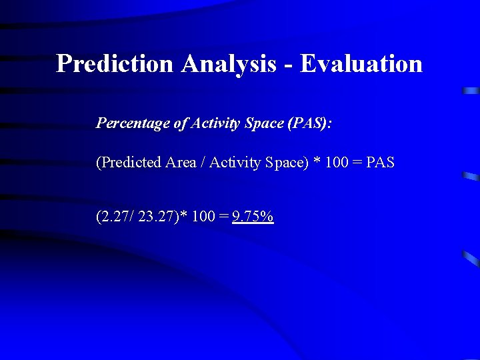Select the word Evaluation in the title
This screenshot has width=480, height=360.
[x=361, y=64]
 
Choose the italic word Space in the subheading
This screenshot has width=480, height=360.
[x=263, y=123]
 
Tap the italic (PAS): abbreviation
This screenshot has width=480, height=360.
[x=309, y=123]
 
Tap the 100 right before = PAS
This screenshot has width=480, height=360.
[x=338, y=163]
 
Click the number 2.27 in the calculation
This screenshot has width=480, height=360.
[x=115, y=217]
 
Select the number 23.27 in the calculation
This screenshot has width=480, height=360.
[x=158, y=217]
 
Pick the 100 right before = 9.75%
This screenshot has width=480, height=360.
[x=203, y=217]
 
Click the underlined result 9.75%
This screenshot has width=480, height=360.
[x=253, y=217]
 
